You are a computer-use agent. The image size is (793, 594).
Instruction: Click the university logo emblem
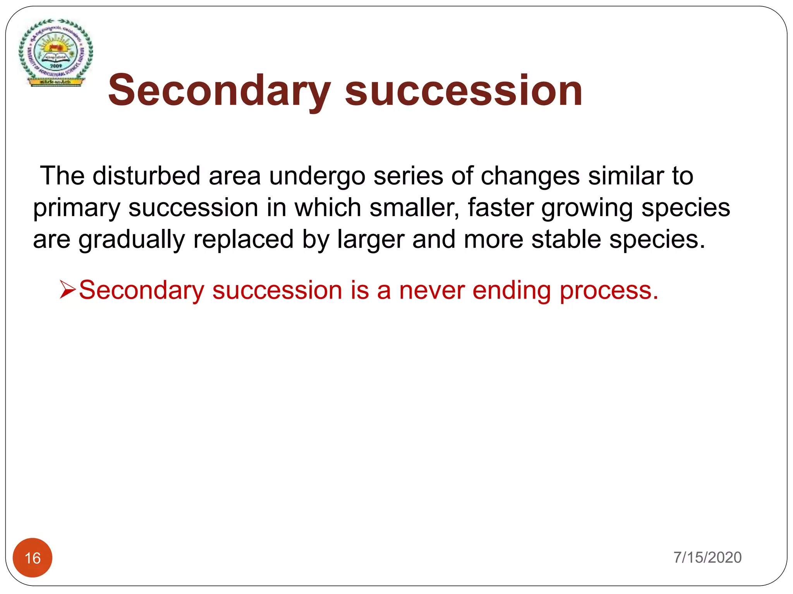pyautogui.click(x=56, y=53)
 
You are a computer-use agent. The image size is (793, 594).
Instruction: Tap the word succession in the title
pyautogui.click(x=463, y=91)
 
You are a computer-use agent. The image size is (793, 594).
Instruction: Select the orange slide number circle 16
pyautogui.click(x=33, y=558)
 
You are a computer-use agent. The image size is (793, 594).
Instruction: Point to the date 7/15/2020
pyautogui.click(x=707, y=557)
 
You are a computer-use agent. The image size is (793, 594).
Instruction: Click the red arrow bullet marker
pyautogui.click(x=68, y=290)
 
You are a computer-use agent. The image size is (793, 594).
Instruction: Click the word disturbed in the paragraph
pyautogui.click(x=146, y=176)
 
